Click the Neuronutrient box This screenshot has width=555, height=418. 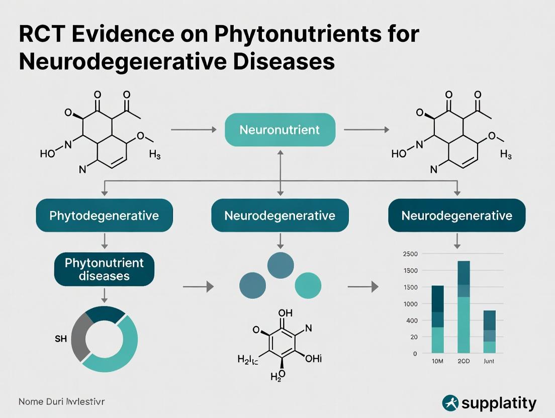(280, 130)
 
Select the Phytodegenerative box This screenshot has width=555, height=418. (104, 216)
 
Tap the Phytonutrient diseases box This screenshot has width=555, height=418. (104, 269)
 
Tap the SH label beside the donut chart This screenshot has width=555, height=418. (60, 340)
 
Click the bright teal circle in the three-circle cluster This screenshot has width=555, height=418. (308, 285)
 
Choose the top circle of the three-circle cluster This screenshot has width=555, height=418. (280, 265)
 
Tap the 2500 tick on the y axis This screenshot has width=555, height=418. (410, 254)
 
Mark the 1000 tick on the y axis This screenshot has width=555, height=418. (410, 303)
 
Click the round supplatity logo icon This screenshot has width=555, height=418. (450, 403)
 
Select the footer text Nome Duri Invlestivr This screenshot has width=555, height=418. (62, 401)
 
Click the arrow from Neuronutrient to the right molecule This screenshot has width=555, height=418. (366, 130)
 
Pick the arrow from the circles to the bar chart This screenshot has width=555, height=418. (362, 287)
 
